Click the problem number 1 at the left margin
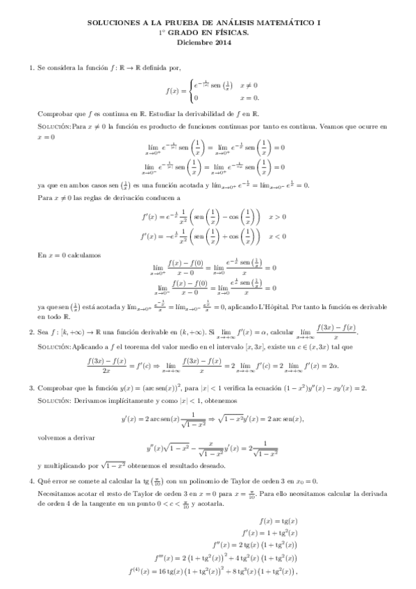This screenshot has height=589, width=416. [x=31, y=67]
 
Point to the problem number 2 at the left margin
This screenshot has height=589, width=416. [x=31, y=332]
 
